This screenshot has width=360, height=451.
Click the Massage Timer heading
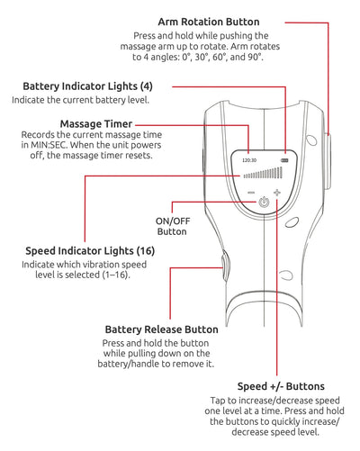pos(96,122)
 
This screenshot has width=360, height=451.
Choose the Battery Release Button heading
pos(161,329)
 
